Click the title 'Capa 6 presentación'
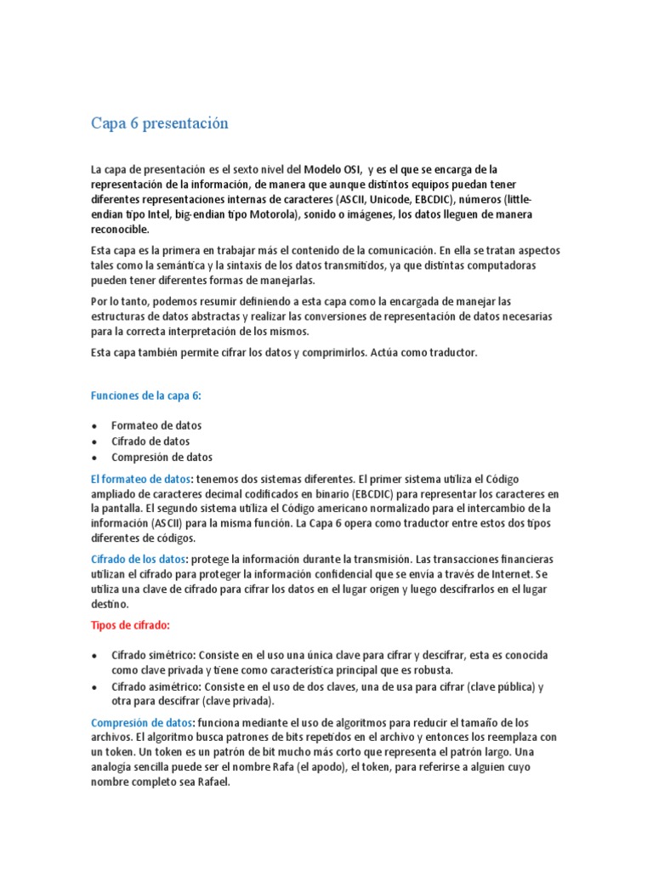click(160, 123)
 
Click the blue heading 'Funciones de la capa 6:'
click(146, 396)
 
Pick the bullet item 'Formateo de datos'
click(156, 425)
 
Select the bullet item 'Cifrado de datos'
click(150, 441)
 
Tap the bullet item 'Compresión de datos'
click(162, 457)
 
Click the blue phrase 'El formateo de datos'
click(140, 478)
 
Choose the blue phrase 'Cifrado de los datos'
click(138, 559)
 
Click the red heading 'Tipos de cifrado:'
click(130, 625)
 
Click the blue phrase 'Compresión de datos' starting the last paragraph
click(141, 722)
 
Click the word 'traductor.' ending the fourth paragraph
click(451, 352)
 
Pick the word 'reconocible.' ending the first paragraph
click(120, 229)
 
